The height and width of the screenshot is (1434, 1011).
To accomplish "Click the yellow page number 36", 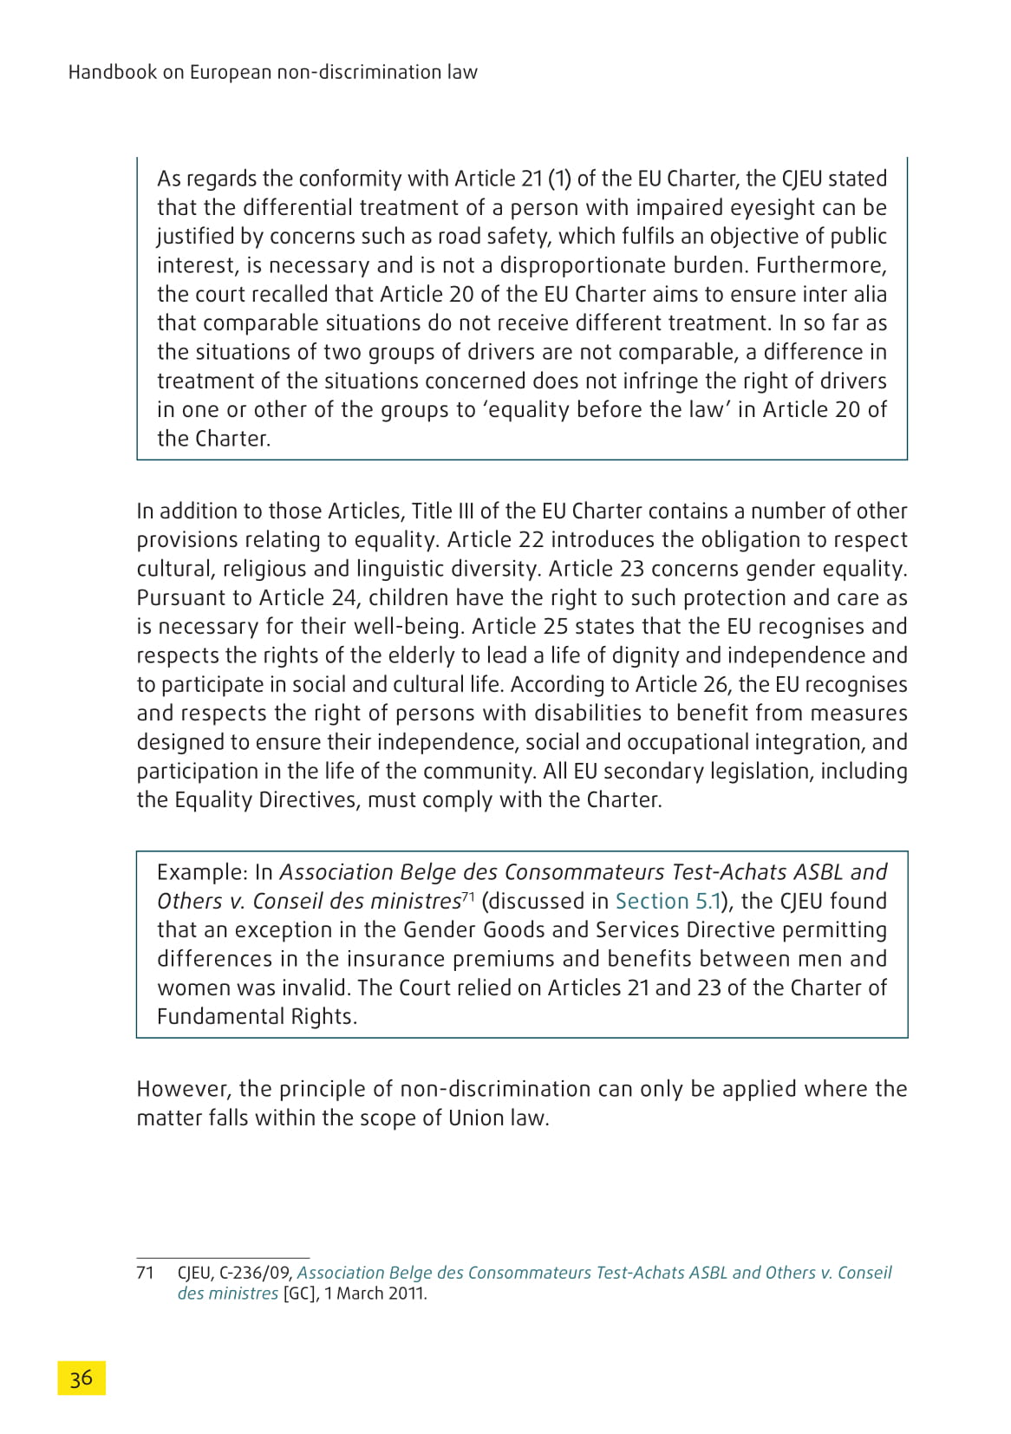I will pyautogui.click(x=82, y=1378).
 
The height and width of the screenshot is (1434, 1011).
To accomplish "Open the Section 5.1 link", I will pyautogui.click(x=668, y=901).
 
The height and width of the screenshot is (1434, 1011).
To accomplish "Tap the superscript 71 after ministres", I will pyautogui.click(x=468, y=896).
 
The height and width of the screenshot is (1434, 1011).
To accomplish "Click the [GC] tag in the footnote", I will pyautogui.click(x=300, y=1294).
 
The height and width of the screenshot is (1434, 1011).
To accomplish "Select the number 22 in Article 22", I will pyautogui.click(x=531, y=539).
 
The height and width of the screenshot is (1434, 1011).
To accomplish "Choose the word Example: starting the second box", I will pyautogui.click(x=203, y=872).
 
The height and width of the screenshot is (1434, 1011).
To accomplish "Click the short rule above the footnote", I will pyautogui.click(x=223, y=1257).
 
